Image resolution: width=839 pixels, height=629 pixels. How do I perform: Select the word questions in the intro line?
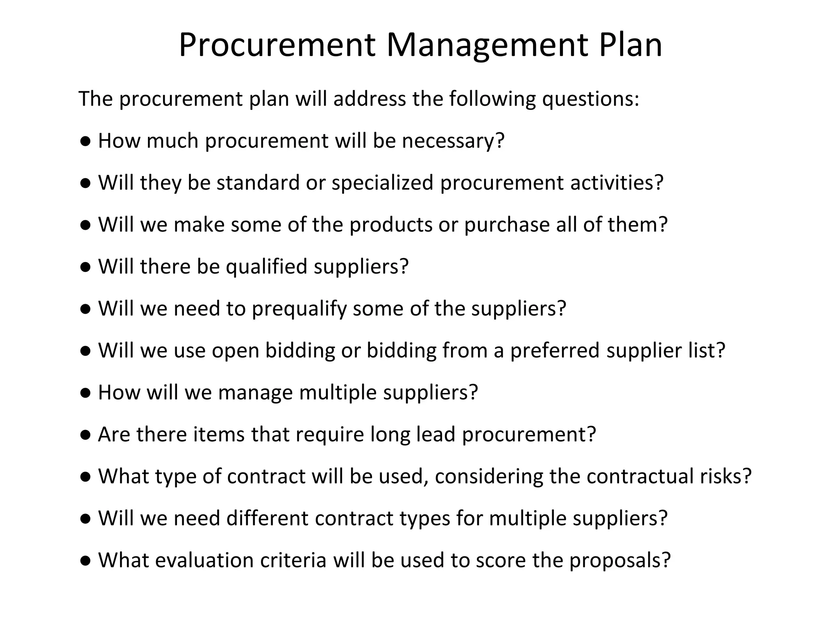(590, 99)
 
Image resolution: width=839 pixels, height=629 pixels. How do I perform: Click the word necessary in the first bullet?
(453, 141)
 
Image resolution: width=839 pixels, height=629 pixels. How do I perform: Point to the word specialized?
(382, 183)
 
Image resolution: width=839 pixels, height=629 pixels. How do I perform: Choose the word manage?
(255, 392)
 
